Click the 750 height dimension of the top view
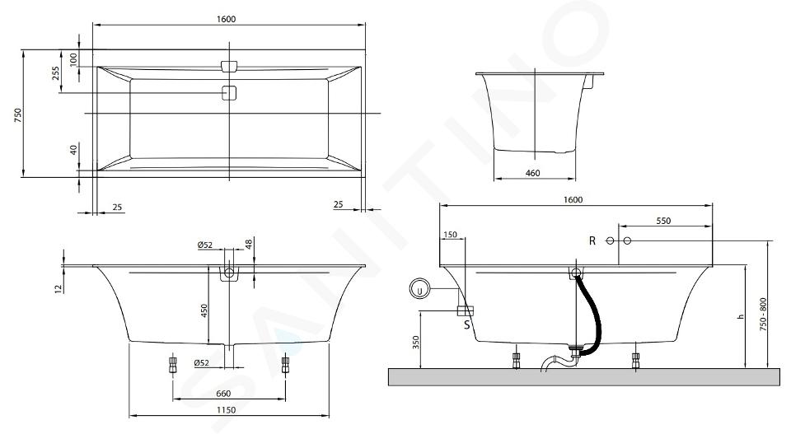[x=17, y=115]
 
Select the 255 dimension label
[x=55, y=73]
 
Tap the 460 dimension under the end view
[x=533, y=173]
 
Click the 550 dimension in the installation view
[x=663, y=221]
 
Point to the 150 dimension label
[x=450, y=235]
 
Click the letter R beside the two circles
[x=592, y=241]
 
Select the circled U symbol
[x=419, y=290]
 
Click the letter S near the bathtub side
[x=466, y=324]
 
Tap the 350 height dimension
[x=415, y=343]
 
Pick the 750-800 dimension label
[x=763, y=314]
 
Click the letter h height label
[x=741, y=316]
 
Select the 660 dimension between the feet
[x=223, y=394]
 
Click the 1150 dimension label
[x=226, y=410]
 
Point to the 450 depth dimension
[x=204, y=310]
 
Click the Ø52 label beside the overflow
[x=205, y=245]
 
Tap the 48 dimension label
[x=248, y=244]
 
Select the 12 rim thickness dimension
[x=58, y=288]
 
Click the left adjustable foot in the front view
[x=172, y=364]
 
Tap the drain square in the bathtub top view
[x=229, y=93]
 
